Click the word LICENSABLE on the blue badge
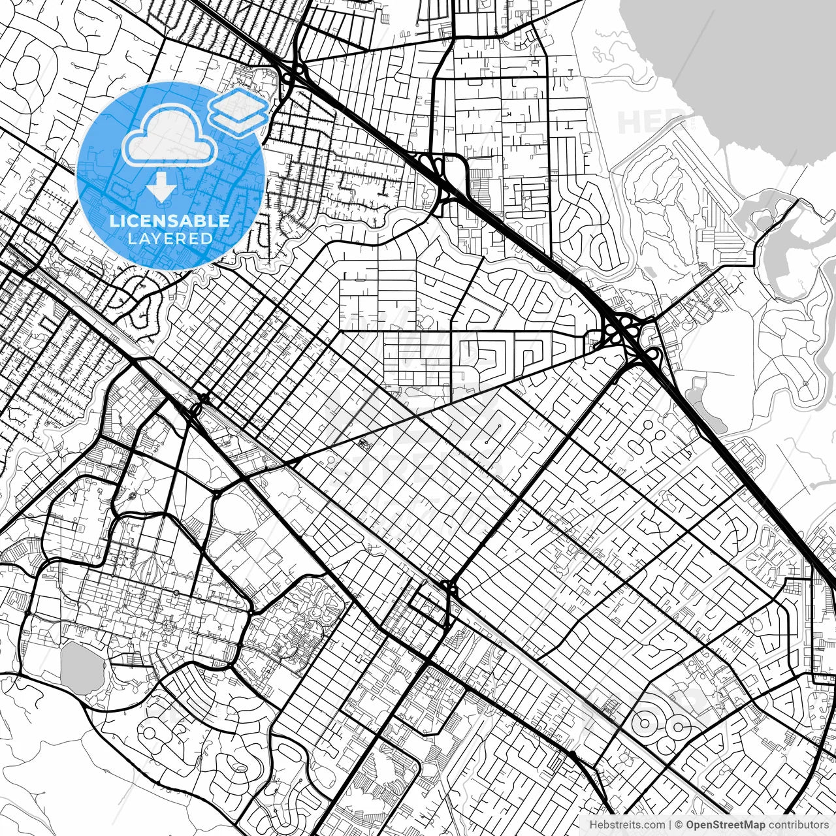pyautogui.click(x=170, y=221)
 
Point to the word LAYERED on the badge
pyautogui.click(x=170, y=239)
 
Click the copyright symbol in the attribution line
pyautogui.click(x=679, y=825)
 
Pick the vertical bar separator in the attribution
pyautogui.click(x=671, y=825)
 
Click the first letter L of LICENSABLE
pyautogui.click(x=114, y=221)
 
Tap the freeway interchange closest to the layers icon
pyautogui.click(x=294, y=72)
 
